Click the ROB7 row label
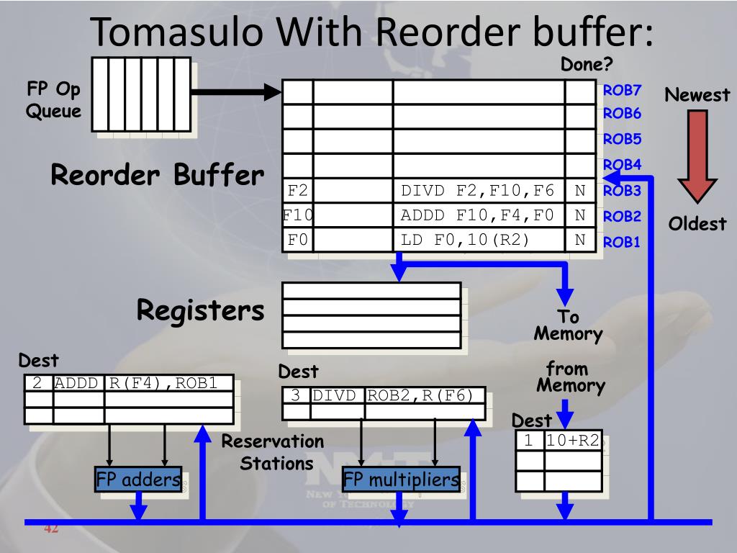[x=622, y=90]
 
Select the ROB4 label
[x=622, y=165]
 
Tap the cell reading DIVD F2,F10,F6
[x=479, y=191]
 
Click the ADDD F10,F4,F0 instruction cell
[x=479, y=215]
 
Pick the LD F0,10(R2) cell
[x=479, y=240]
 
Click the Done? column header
[x=587, y=64]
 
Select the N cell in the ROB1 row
[x=580, y=240]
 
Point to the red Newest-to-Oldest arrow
[x=697, y=156]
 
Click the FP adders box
[x=138, y=479]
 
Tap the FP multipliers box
[x=401, y=479]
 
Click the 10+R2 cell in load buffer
[x=573, y=441]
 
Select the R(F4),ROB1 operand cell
[x=168, y=383]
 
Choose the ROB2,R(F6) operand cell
[x=425, y=395]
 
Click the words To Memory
[x=569, y=325]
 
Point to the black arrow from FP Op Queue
[x=236, y=91]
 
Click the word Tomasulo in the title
[x=177, y=32]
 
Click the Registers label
[x=201, y=310]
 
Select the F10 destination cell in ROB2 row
[x=298, y=215]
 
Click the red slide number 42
[x=51, y=528]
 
